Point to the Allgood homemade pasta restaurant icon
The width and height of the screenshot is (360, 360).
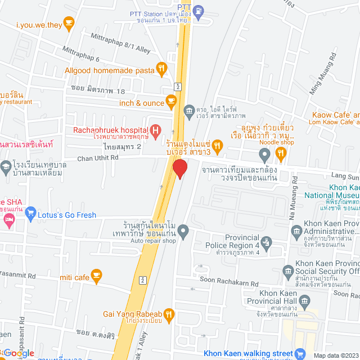click(161, 70)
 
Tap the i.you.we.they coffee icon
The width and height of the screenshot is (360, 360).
click(69, 24)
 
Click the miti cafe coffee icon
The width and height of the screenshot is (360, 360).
click(96, 276)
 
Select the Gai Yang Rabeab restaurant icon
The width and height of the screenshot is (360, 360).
click(170, 314)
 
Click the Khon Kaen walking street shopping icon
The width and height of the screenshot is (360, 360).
click(300, 353)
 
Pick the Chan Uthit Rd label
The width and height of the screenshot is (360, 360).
click(98, 159)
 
